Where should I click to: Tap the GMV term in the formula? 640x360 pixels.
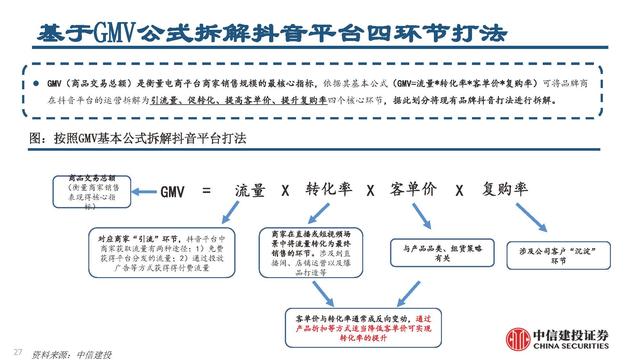pos(177,189)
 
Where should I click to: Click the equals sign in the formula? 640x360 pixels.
pos(207,189)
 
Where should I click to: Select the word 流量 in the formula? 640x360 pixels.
pos(250,189)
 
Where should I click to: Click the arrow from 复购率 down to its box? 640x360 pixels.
pos(530,218)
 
